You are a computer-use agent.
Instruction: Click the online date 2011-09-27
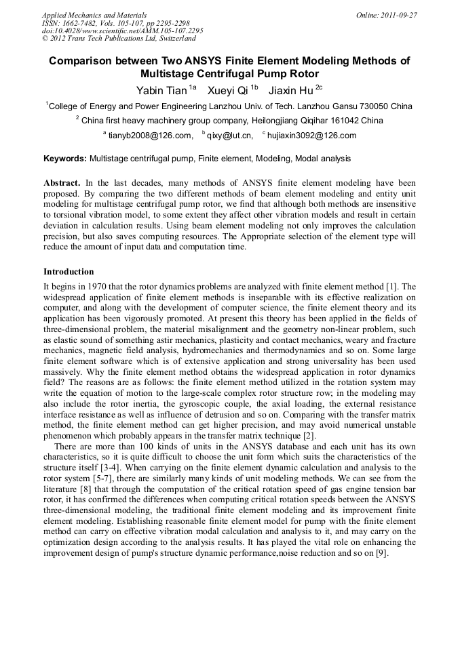(x=399, y=15)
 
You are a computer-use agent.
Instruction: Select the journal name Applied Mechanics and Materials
(x=94, y=15)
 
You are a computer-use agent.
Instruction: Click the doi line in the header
(x=122, y=31)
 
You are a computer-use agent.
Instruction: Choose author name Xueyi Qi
(x=227, y=91)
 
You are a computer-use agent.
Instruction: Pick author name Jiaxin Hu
(x=290, y=91)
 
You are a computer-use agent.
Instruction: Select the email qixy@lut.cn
(x=229, y=136)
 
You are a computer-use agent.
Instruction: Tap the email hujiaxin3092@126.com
(x=311, y=136)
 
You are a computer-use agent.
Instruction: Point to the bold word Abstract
(x=62, y=183)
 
